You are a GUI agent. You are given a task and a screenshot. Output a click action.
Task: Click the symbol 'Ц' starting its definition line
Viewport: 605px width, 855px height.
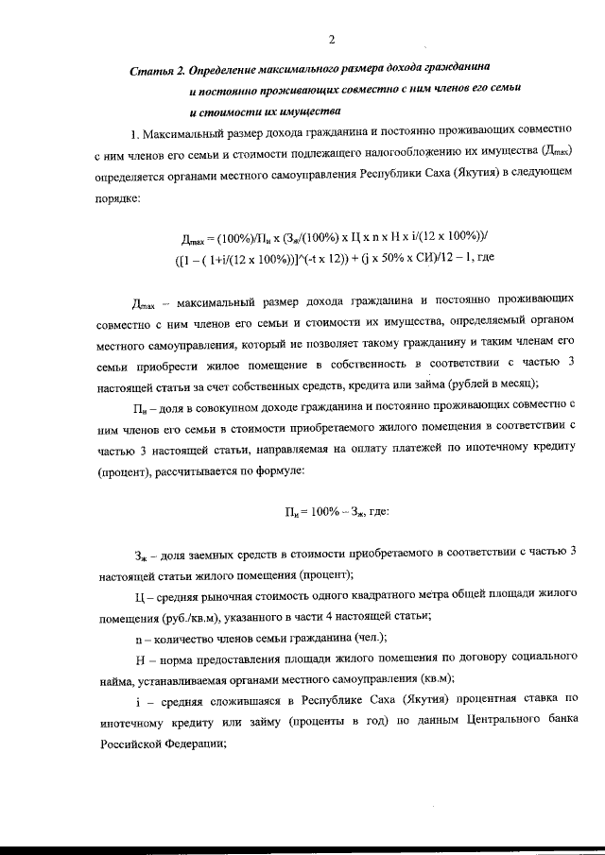[x=140, y=596]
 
